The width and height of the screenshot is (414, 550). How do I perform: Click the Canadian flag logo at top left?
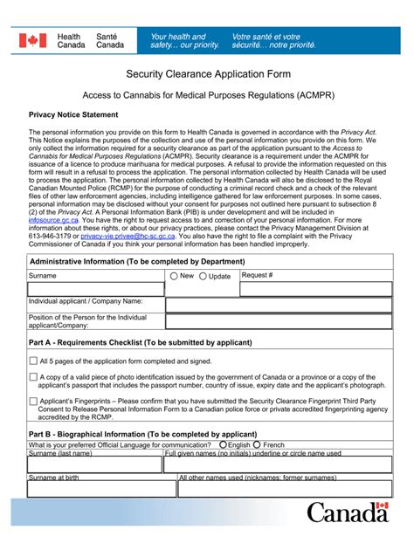[x=33, y=41]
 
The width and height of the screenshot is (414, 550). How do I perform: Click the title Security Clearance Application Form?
[x=206, y=76]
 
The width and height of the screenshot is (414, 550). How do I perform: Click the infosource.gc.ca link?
[x=59, y=220]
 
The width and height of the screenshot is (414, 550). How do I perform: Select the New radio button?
[x=174, y=276]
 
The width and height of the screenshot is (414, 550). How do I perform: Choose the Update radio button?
[x=204, y=276]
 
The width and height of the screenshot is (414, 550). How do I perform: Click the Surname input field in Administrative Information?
[x=96, y=289]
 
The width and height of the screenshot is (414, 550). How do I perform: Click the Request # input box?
[x=313, y=289]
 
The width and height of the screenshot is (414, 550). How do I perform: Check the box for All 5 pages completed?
[x=33, y=361]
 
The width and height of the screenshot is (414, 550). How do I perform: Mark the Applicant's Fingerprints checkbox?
[x=33, y=402]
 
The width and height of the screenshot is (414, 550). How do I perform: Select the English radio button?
[x=223, y=444]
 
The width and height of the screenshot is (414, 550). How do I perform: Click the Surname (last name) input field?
[x=95, y=464]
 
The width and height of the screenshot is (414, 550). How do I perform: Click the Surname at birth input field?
[x=95, y=489]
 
